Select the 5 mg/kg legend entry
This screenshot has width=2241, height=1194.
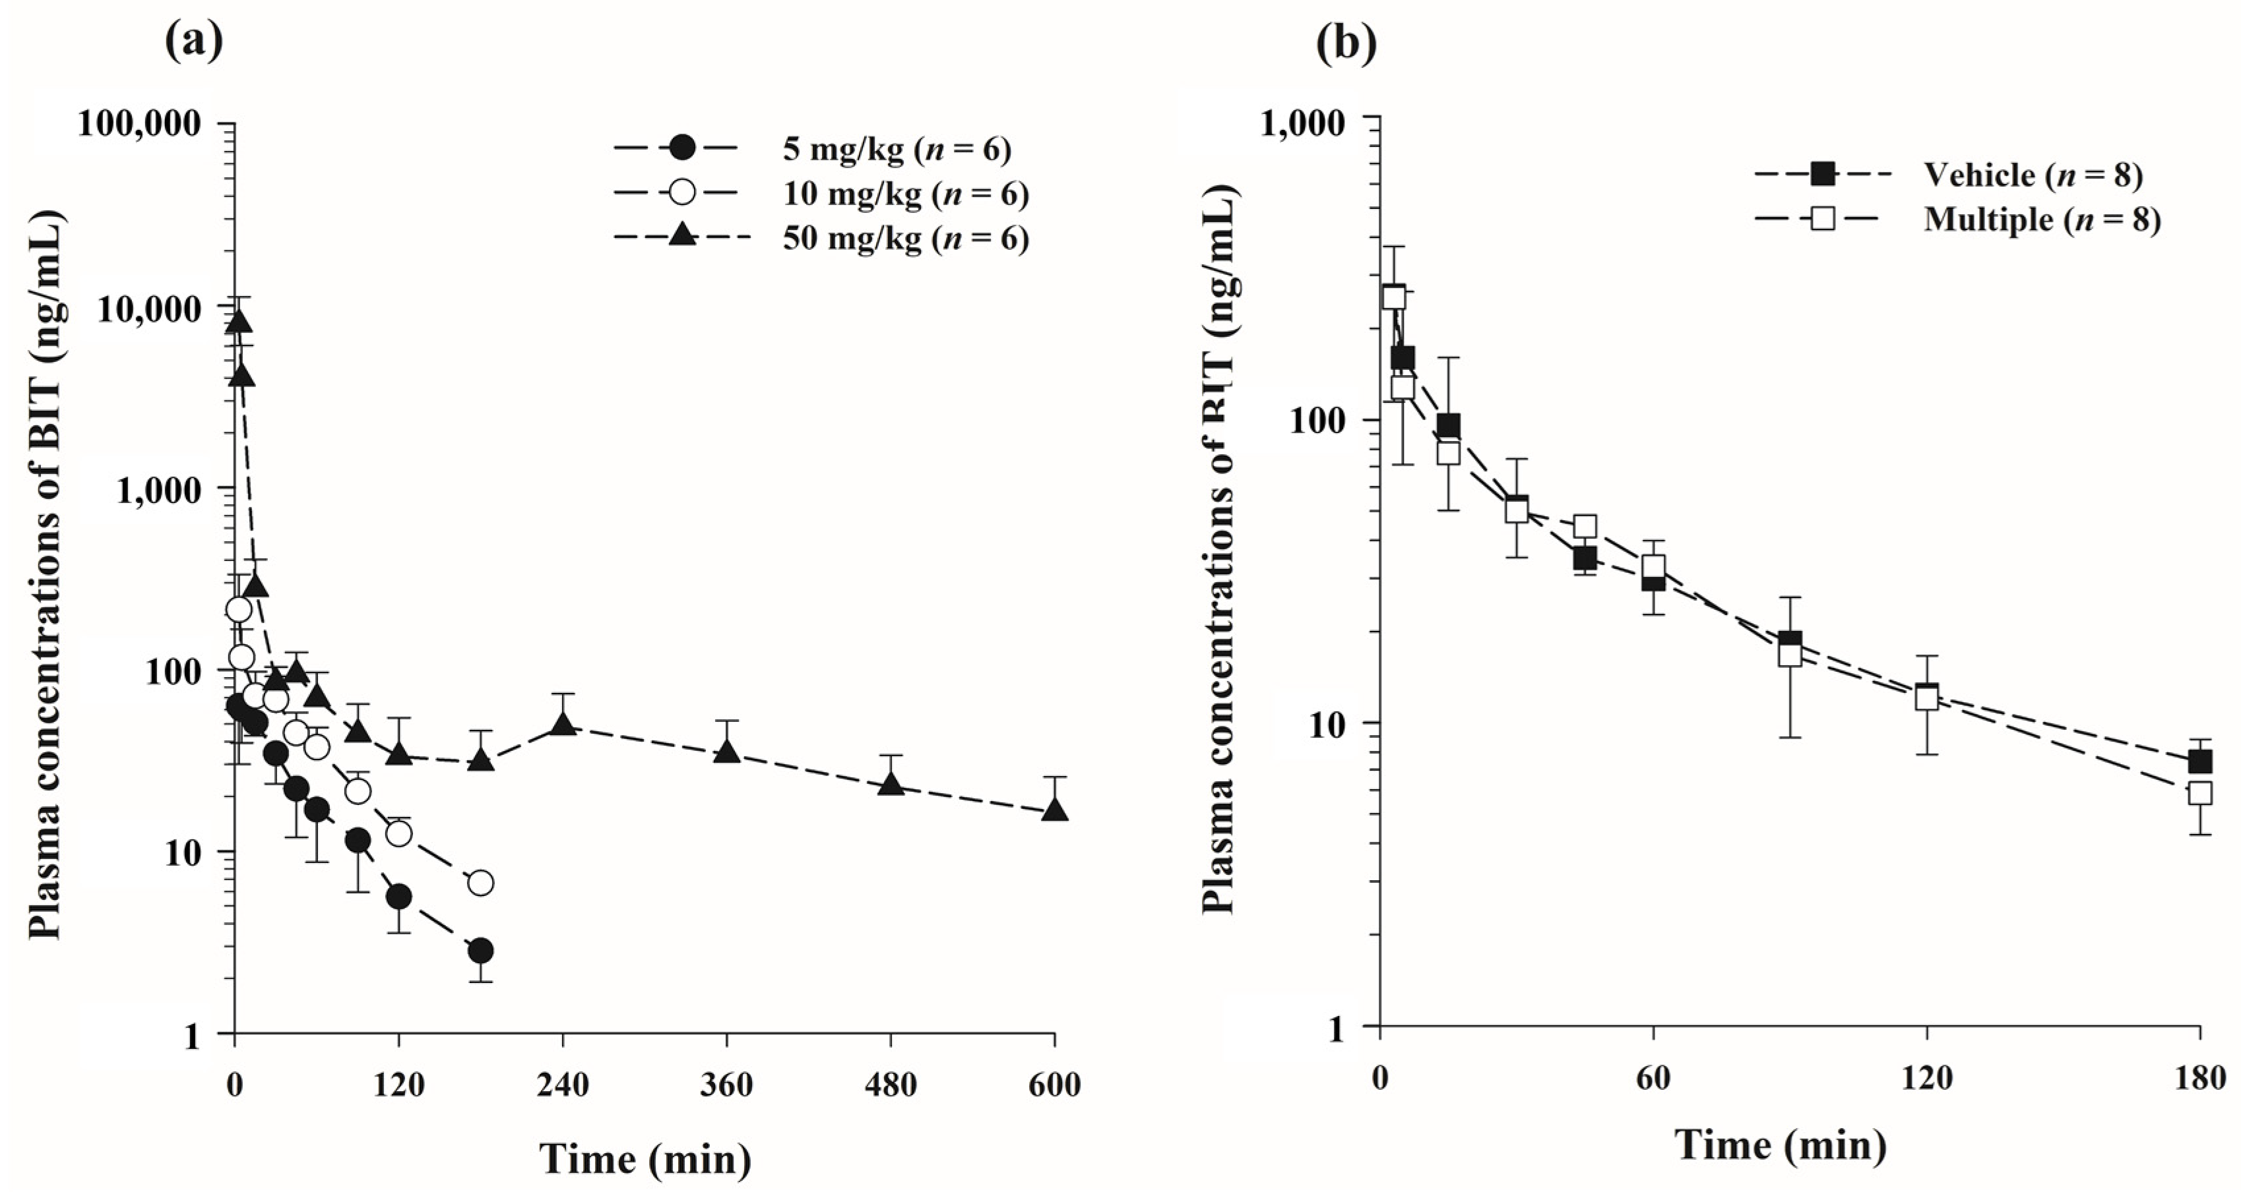pos(896,150)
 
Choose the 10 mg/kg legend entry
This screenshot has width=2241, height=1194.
pos(904,194)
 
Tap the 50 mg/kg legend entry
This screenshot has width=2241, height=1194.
pos(904,238)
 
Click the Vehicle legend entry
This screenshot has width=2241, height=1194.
pos(2031,175)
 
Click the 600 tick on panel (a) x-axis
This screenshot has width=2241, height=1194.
pos(1054,1085)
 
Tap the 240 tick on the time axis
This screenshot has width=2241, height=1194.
pos(563,1085)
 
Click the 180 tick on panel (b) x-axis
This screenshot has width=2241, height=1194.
pos(2199,1079)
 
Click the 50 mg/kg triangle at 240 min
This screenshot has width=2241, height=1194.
pos(563,723)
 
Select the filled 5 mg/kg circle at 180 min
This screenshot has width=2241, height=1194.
pos(480,951)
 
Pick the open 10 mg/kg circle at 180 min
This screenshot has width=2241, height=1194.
pos(480,883)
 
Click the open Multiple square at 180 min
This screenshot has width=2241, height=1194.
pos(2199,792)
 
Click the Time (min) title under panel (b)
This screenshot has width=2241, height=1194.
pos(1780,1145)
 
